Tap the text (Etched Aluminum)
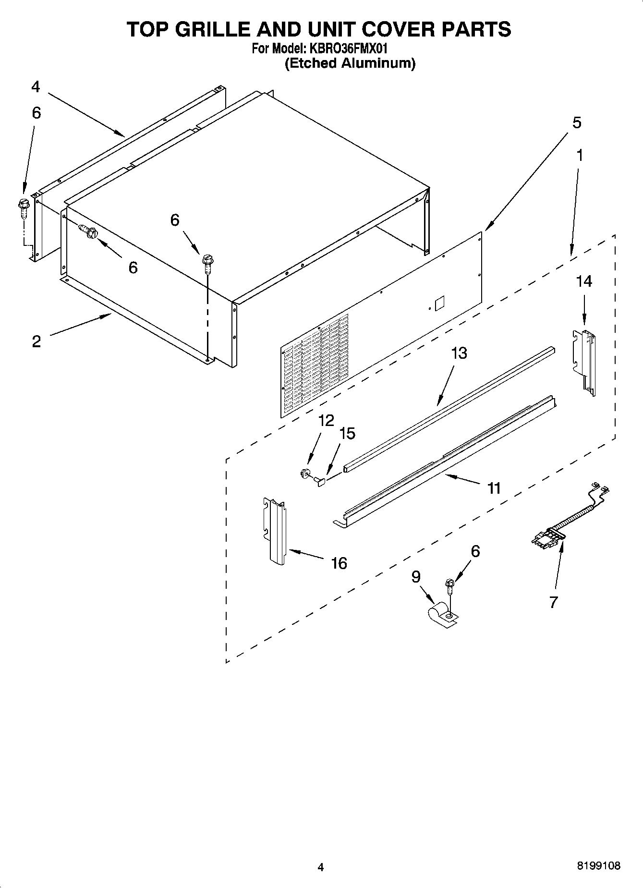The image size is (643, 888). (x=350, y=63)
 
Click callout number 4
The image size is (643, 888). (x=36, y=87)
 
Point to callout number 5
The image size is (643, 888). (x=576, y=122)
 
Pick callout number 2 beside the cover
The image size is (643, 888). (x=36, y=342)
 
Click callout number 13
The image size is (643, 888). (x=459, y=353)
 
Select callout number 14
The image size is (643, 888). (x=583, y=281)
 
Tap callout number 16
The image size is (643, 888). (x=339, y=563)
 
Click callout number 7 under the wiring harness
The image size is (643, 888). (x=553, y=602)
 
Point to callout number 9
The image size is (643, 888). (x=416, y=576)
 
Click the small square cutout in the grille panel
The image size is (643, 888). (x=439, y=303)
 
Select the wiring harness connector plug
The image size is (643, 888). (x=546, y=536)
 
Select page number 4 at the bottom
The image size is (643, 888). (x=321, y=867)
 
